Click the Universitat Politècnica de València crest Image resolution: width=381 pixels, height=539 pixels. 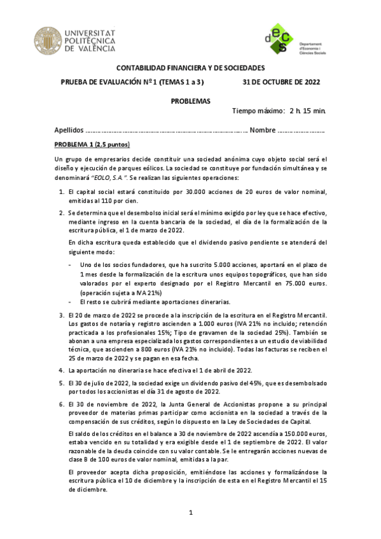[46, 40]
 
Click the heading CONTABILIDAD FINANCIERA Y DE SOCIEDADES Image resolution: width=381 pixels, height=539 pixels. [190, 69]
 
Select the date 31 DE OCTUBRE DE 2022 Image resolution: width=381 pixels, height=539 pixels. [281, 82]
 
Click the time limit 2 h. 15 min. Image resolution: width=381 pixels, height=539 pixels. [307, 112]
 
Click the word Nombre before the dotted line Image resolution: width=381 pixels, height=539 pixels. [262, 130]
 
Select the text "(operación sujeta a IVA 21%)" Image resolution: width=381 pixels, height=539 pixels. [121, 292]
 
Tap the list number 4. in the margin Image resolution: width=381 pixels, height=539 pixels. [61, 370]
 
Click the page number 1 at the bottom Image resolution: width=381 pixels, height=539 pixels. [190, 512]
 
